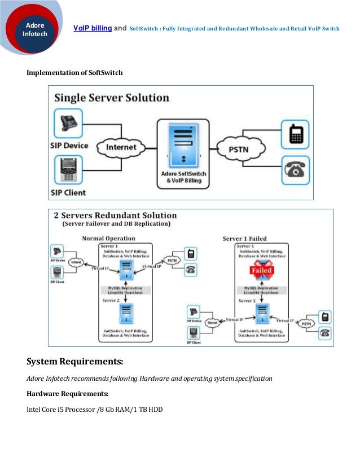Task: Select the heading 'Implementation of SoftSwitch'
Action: pyautogui.click(x=75, y=73)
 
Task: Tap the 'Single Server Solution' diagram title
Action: pyautogui.click(x=111, y=98)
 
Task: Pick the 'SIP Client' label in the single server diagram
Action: pyautogui.click(x=68, y=192)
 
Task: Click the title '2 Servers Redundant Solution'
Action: pyautogui.click(x=115, y=216)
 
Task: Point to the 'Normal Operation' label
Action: pyautogui.click(x=104, y=239)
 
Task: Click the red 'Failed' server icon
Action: pyautogui.click(x=261, y=270)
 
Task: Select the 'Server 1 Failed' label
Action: pyautogui.click(x=245, y=239)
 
